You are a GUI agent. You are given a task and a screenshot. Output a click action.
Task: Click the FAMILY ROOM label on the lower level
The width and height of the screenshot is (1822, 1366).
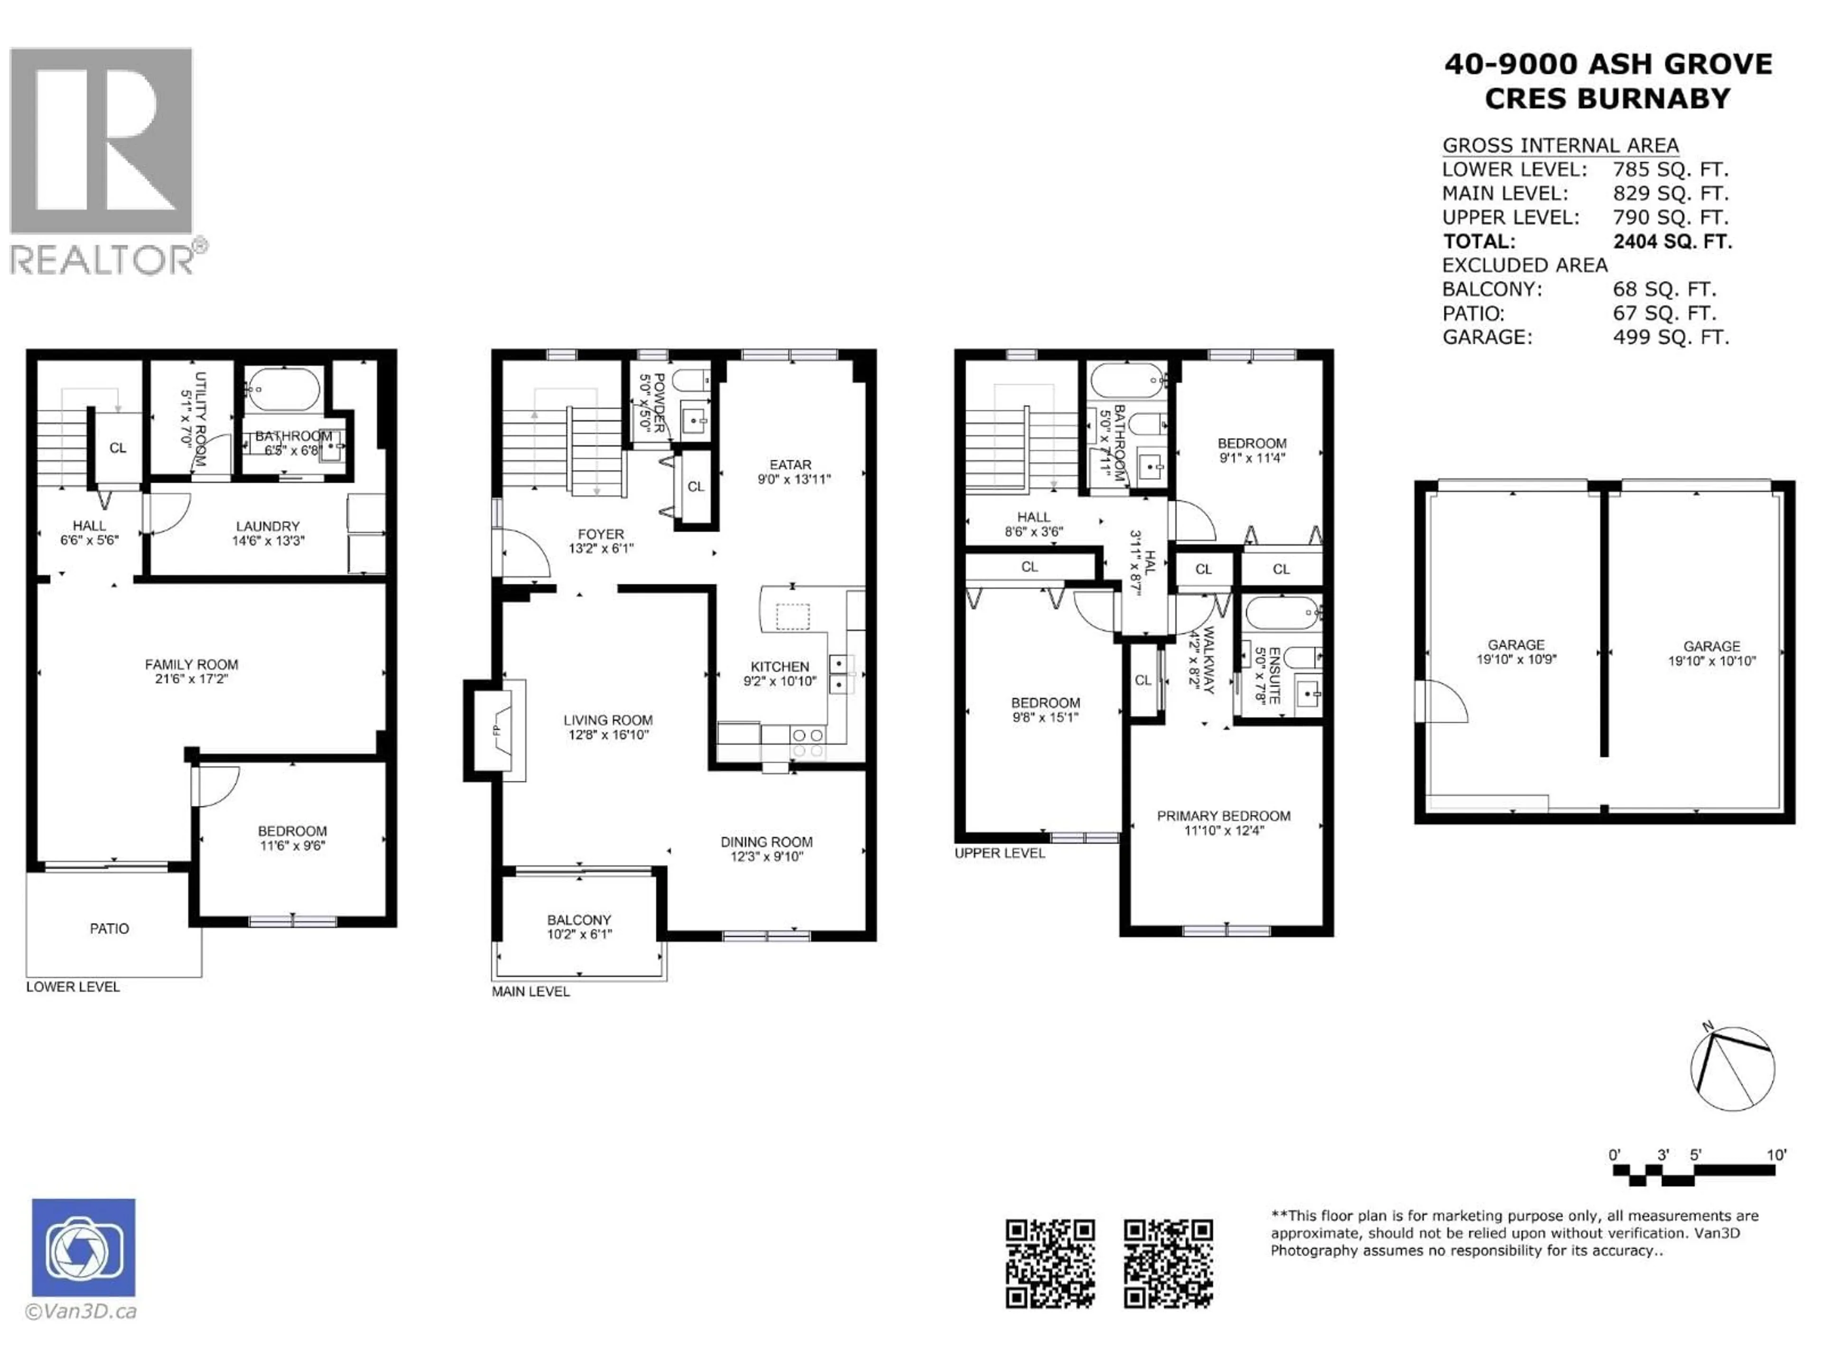[x=191, y=665]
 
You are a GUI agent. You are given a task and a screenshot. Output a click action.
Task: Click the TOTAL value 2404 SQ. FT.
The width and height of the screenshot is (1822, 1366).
[x=1672, y=242]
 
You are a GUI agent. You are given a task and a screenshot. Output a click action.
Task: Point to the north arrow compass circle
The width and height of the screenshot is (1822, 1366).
[x=1732, y=1069]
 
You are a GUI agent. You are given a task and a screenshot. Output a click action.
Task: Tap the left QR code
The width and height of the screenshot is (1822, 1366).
[x=1050, y=1263]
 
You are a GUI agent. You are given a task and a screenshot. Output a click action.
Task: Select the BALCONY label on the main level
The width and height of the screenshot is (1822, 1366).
[x=579, y=920]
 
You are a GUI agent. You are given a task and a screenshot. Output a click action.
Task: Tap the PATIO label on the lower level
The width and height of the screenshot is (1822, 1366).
[x=110, y=929]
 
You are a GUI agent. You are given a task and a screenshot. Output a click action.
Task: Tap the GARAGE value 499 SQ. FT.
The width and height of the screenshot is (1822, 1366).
[x=1671, y=338]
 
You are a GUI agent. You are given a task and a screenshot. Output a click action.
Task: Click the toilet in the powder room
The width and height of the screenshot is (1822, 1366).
[x=690, y=380]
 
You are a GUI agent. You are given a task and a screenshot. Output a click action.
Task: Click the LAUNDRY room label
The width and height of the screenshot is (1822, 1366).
[x=268, y=526]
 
